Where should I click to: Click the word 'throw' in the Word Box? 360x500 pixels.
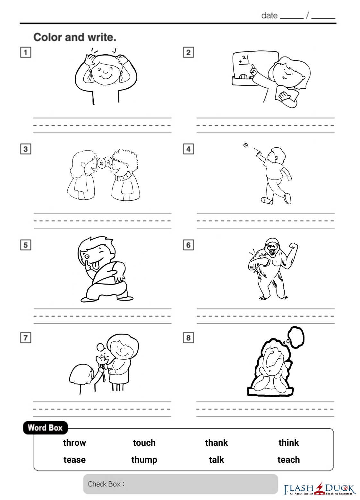coord(74,443)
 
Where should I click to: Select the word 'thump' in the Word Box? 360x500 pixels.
coord(144,460)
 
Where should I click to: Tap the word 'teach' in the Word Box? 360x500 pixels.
coord(289,460)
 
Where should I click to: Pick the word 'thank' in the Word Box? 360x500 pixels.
coord(216,443)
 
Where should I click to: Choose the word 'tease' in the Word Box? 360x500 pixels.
coord(74,460)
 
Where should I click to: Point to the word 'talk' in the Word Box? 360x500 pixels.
coord(216,460)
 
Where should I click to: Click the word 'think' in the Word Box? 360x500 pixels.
coord(289,443)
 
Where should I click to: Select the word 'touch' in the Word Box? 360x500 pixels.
coord(144,443)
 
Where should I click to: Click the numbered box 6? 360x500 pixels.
coord(188,245)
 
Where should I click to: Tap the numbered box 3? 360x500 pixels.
coord(26,149)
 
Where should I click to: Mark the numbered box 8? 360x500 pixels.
coord(188,338)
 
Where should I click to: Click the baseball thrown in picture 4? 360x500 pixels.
coord(245,145)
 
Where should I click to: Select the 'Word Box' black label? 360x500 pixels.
coord(45,428)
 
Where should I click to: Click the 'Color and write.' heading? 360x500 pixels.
coord(75,37)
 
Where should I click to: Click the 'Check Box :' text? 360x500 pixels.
coord(106,484)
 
